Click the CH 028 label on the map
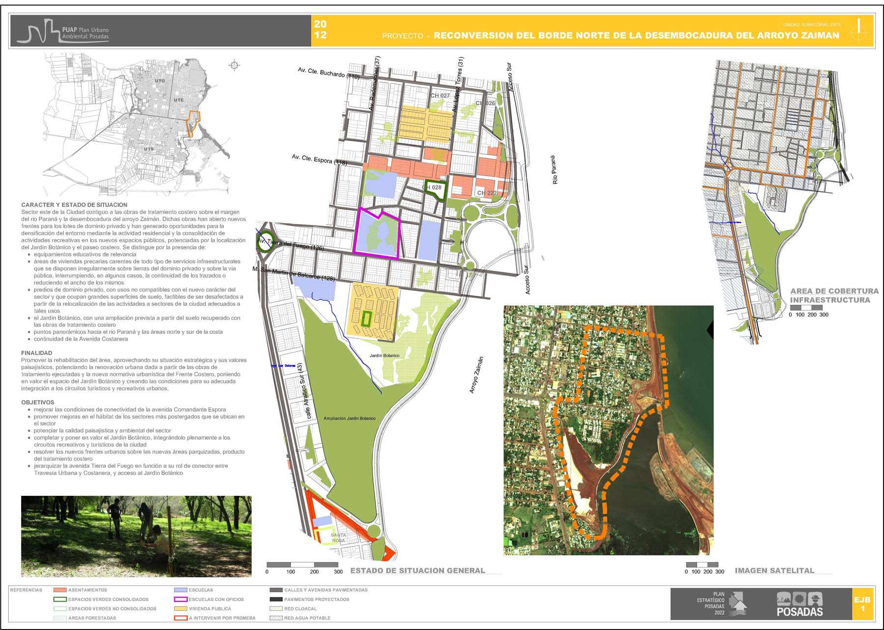pos(433,187)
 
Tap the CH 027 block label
pos(440,96)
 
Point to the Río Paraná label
pos(555,170)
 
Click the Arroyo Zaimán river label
pos(476,374)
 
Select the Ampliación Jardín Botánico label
pos(349,419)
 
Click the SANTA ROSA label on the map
pos(338,538)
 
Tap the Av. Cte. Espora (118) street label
pos(319,160)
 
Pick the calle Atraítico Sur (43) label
pos(305,391)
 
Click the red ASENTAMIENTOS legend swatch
pos(59,590)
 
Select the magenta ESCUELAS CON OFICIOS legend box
pos(181,599)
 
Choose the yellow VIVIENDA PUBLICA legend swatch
pos(181,608)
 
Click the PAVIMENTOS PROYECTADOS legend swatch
pos(276,599)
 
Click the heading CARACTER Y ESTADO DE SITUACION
pos(74,205)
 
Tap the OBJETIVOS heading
pos(37,402)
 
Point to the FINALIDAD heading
pos(36,353)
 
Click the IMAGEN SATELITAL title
pos(774,571)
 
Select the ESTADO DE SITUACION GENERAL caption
pos(417,571)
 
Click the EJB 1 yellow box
pos(862,604)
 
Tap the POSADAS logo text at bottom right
pos(800,612)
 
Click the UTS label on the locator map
pos(149,149)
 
